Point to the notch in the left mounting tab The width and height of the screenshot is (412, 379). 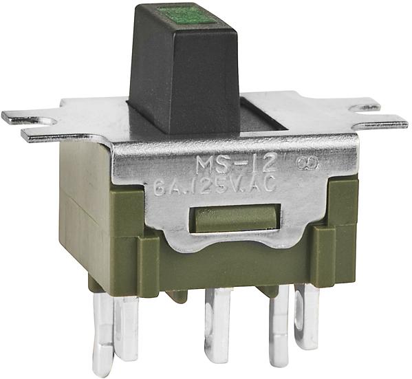click(x=41, y=121)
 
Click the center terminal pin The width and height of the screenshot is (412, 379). click(x=218, y=323)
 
